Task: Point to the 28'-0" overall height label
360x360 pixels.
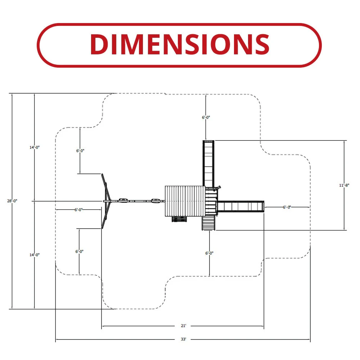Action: [x=12, y=201]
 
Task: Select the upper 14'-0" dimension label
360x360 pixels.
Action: [x=35, y=147]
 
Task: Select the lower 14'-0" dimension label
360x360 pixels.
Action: [x=35, y=255]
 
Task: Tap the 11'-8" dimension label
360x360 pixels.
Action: [x=344, y=185]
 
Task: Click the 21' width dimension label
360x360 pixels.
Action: [x=184, y=325]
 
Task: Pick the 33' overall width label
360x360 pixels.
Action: [x=184, y=339]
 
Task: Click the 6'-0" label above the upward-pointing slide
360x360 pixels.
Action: [x=206, y=117]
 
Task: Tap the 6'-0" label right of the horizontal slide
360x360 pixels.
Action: [x=287, y=207]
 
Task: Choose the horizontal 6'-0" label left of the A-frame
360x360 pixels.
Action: [x=78, y=210]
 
